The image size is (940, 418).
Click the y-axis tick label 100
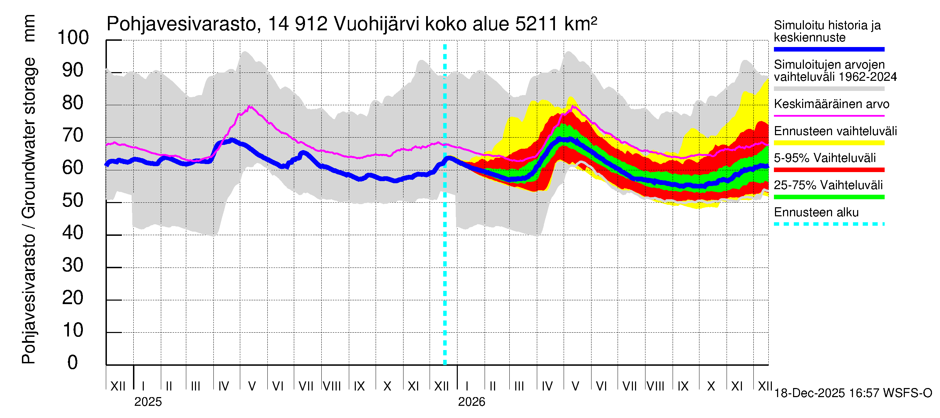(73, 38)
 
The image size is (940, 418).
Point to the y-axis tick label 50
(73, 200)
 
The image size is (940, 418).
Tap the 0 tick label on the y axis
(73, 363)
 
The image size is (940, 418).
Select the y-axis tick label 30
(73, 265)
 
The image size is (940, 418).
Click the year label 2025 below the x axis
(148, 402)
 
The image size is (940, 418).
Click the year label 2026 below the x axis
(471, 402)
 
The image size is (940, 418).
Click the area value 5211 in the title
(536, 24)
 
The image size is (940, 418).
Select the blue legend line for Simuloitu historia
(829, 49)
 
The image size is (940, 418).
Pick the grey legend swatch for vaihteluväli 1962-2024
(829, 89)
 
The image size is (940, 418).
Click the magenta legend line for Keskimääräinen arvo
(829, 116)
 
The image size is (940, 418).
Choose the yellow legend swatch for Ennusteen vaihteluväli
(829, 143)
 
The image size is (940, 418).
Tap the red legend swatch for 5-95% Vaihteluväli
(829, 170)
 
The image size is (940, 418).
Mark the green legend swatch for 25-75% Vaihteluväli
(829, 197)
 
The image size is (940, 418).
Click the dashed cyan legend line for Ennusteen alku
(829, 224)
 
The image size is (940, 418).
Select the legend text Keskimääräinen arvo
(831, 104)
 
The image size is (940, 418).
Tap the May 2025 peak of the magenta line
(249, 106)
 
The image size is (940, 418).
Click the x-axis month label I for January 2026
(468, 386)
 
